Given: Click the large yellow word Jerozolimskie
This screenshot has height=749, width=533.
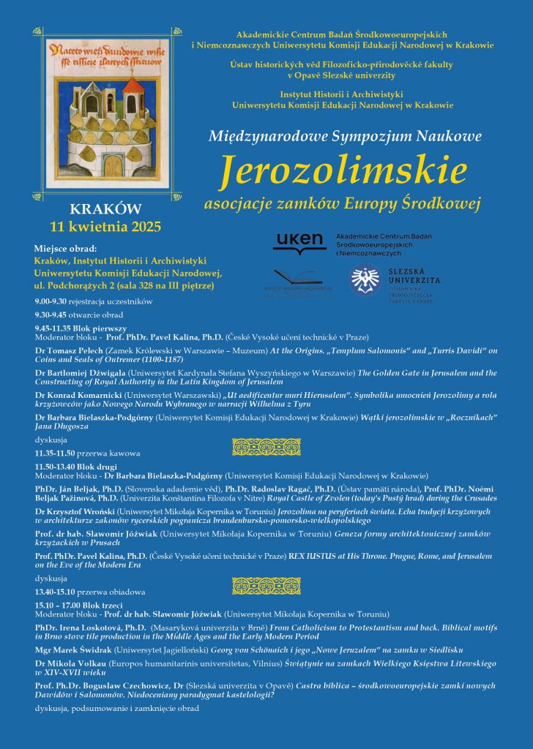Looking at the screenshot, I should [x=343, y=170].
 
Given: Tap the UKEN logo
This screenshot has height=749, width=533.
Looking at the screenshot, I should [x=299, y=242].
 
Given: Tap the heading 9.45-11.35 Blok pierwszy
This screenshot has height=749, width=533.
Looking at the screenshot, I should [x=81, y=328].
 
